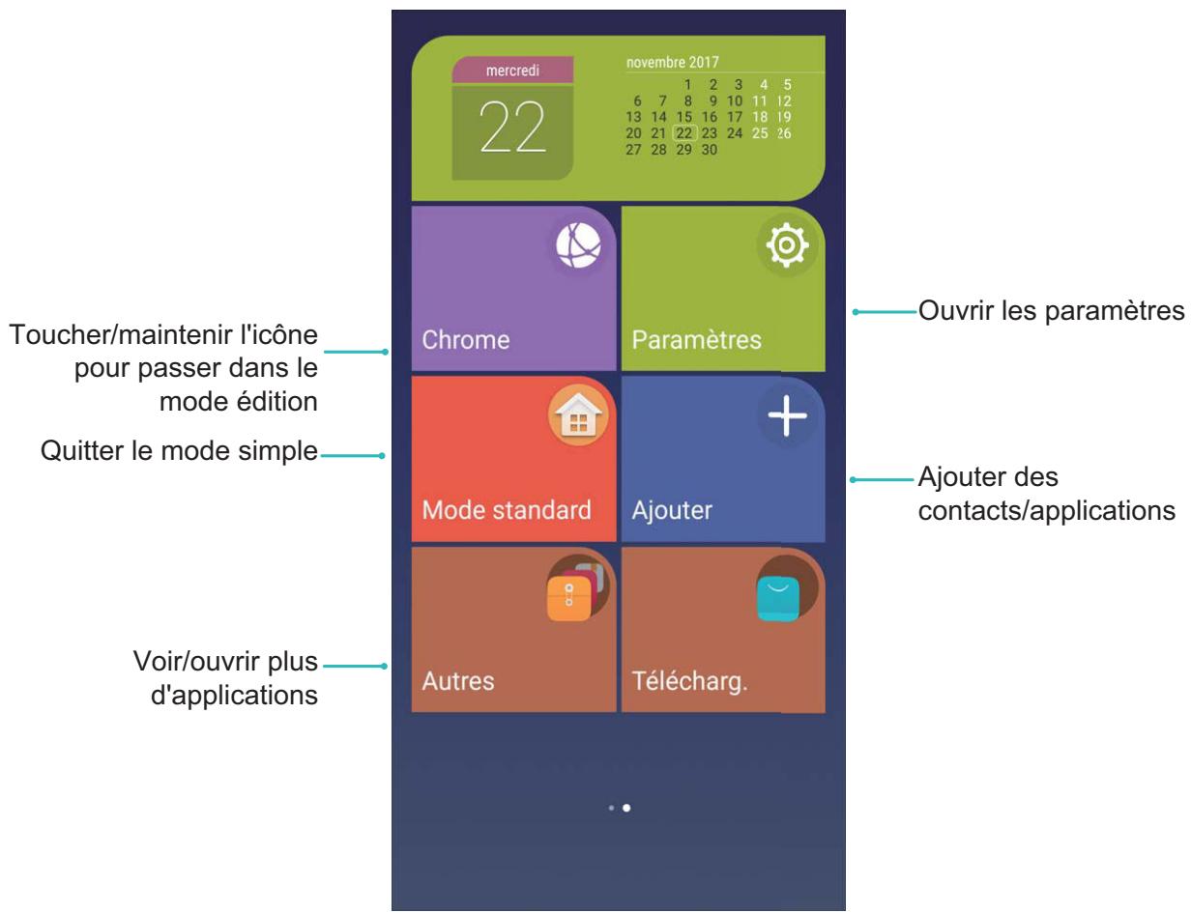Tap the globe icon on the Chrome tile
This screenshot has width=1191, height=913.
[x=578, y=245]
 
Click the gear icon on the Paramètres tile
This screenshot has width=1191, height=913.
[x=787, y=244]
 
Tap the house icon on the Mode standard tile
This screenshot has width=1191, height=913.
[x=578, y=416]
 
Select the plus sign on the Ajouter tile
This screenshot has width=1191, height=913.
[x=787, y=415]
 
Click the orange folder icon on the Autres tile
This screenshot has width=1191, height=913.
[x=569, y=599]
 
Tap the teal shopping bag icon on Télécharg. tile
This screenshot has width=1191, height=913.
[x=778, y=599]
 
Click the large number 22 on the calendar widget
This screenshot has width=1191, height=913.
[x=512, y=127]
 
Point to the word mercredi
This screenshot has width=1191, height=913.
[x=512, y=71]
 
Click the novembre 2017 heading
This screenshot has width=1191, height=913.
[x=673, y=63]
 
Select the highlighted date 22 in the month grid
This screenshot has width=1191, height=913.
[x=684, y=133]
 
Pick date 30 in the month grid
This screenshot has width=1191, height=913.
[x=710, y=150]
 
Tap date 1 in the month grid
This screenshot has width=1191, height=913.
[x=687, y=85]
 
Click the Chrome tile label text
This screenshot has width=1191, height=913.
[x=466, y=339]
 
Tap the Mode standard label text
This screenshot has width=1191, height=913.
[x=507, y=510]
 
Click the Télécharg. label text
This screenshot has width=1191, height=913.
[x=689, y=681]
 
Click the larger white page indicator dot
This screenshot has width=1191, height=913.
[x=626, y=808]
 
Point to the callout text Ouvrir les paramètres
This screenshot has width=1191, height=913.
[x=1051, y=311]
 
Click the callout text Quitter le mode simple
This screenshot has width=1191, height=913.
[x=179, y=451]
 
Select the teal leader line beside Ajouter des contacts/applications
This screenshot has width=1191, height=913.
[x=882, y=480]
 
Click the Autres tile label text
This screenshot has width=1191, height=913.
[x=458, y=681]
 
